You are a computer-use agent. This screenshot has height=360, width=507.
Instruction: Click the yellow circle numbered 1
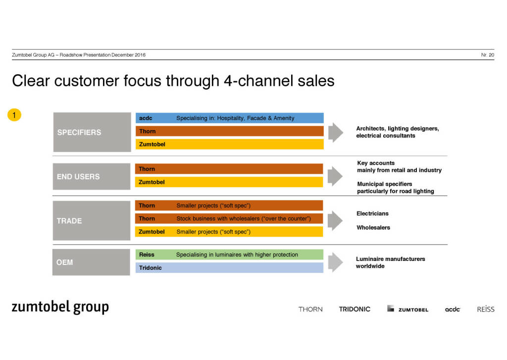pyautogui.click(x=14, y=115)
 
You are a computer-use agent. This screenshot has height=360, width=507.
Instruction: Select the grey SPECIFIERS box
pyautogui.click(x=92, y=132)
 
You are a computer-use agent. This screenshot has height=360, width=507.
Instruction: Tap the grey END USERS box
pyautogui.click(x=92, y=176)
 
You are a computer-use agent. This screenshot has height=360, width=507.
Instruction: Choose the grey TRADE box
pyautogui.click(x=92, y=220)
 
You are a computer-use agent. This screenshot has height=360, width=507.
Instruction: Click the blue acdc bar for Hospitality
pyautogui.click(x=229, y=118)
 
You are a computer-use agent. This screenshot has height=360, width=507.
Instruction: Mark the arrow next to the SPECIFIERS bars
pyautogui.click(x=335, y=132)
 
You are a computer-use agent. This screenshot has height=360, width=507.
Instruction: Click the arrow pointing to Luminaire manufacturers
pyautogui.click(x=335, y=262)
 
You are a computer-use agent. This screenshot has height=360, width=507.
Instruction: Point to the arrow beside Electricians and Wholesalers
pyautogui.click(x=335, y=220)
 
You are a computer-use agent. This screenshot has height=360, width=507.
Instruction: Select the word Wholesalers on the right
pyautogui.click(x=373, y=228)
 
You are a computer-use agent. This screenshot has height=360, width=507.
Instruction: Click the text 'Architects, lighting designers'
pyautogui.click(x=398, y=129)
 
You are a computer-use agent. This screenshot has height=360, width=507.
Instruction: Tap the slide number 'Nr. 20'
pyautogui.click(x=487, y=55)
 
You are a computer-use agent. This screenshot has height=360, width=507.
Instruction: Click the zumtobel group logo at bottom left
pyautogui.click(x=60, y=308)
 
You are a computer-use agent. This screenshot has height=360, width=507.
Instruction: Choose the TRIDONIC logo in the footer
pyautogui.click(x=355, y=309)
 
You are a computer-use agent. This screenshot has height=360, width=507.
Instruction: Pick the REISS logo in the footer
pyautogui.click(x=485, y=309)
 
